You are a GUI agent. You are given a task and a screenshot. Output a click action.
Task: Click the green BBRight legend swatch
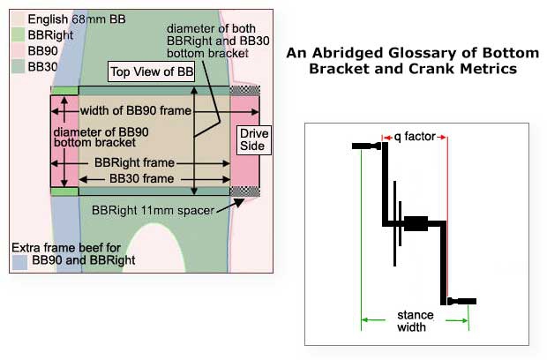18,34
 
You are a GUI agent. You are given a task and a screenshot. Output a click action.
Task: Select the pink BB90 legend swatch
18,50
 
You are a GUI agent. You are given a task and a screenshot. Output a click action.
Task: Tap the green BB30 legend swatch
18,65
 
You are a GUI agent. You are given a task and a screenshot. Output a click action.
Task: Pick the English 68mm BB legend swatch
18,19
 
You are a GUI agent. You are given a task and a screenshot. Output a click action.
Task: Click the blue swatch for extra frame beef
19,261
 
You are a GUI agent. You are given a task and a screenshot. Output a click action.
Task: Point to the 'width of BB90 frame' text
136,111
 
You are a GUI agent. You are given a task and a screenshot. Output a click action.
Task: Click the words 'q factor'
415,137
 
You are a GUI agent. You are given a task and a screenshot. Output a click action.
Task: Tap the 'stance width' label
415,320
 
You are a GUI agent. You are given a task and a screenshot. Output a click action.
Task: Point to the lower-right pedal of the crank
462,301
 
